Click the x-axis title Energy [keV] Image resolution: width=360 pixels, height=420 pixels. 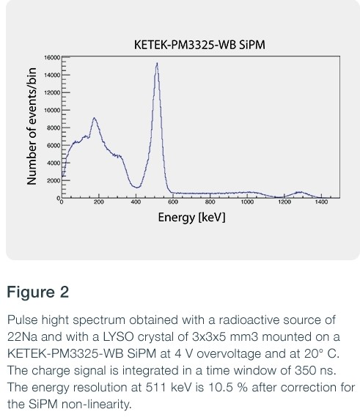click(191, 218)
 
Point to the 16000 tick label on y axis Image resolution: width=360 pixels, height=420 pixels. click(51, 57)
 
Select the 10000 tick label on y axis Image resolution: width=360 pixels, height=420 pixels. click(51, 111)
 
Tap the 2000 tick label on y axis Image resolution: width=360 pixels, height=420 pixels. click(53, 180)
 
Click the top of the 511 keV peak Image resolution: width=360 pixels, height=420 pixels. click(156, 63)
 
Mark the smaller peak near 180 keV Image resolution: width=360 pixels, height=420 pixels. click(94, 118)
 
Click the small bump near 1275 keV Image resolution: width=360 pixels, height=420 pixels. click(298, 192)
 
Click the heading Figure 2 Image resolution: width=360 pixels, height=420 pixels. click(37, 292)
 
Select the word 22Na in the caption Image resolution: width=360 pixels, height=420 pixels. click(18, 336)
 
